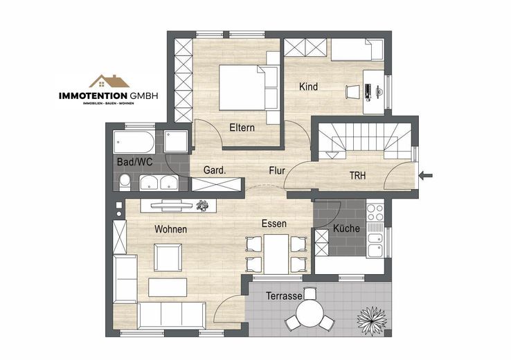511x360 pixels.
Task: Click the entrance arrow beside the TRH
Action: [426, 176]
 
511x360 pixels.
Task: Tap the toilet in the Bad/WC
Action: [125, 182]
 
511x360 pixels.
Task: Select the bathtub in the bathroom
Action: [134, 143]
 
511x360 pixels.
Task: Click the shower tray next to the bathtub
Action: [176, 141]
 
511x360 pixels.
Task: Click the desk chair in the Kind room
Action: [353, 91]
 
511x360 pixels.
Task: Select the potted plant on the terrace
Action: [372, 319]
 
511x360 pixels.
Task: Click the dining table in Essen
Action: [276, 254]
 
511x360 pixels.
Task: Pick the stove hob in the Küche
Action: [375, 213]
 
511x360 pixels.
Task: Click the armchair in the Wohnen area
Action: [168, 258]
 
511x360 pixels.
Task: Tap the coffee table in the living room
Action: [168, 287]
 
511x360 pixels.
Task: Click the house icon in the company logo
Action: [109, 82]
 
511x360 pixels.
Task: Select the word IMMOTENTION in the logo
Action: [93, 96]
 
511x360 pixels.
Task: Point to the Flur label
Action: [277, 171]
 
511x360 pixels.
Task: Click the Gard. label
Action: [215, 170]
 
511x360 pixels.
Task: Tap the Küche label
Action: [346, 228]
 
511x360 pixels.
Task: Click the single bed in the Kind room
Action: [357, 50]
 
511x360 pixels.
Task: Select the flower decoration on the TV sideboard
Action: [202, 206]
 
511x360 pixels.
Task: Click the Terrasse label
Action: [284, 296]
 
